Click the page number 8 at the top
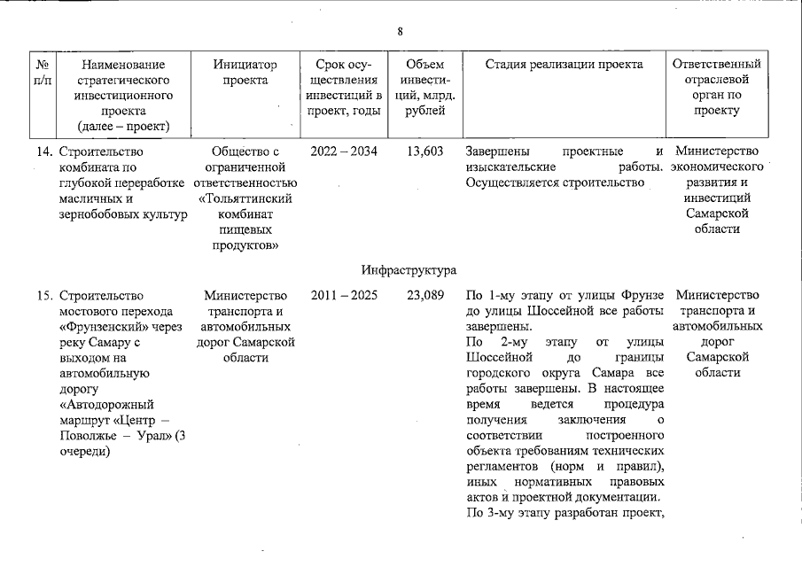[400, 32]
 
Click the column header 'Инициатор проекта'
[245, 73]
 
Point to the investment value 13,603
[425, 151]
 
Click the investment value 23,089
[425, 295]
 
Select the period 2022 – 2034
[344, 151]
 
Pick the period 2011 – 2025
[344, 295]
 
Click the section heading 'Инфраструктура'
[409, 268]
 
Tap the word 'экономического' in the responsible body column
[717, 167]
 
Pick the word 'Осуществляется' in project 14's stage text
[510, 183]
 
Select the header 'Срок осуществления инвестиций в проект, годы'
[344, 88]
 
